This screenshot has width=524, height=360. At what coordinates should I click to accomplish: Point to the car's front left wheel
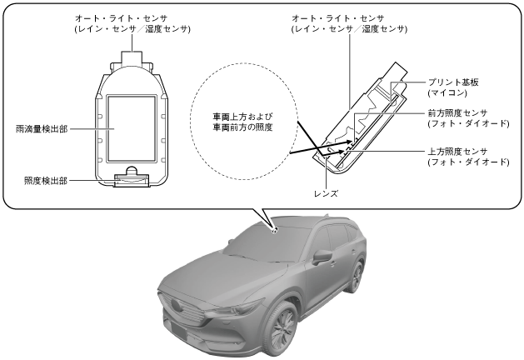click(276, 331)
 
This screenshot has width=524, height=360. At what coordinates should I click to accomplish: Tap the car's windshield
click(259, 247)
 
